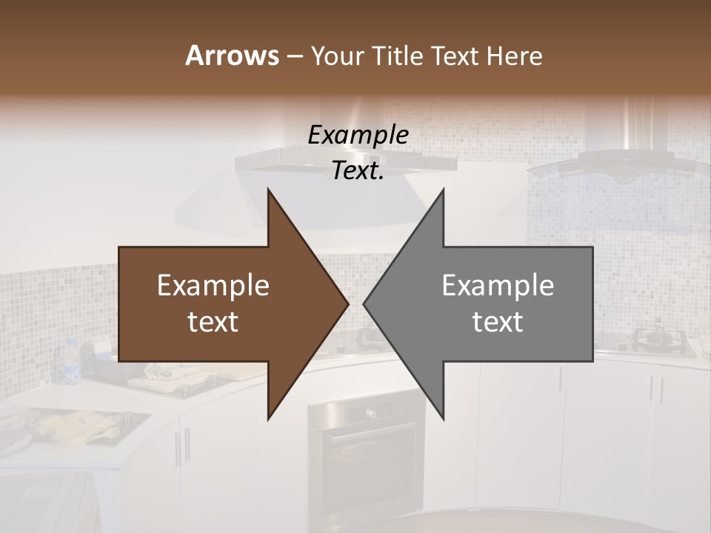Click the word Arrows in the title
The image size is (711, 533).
coord(232,56)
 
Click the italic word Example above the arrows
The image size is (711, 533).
coord(358,135)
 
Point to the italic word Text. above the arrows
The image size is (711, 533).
coord(358,171)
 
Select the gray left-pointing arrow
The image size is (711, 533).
coord(496,304)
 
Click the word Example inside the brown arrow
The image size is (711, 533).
coord(213,286)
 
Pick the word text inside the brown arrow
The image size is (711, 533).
coord(213,322)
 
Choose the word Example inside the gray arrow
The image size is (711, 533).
coord(498,286)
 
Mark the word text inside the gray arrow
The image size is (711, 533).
coord(498,322)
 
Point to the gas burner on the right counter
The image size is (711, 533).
coord(655,337)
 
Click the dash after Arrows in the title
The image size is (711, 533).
coord(293,56)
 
